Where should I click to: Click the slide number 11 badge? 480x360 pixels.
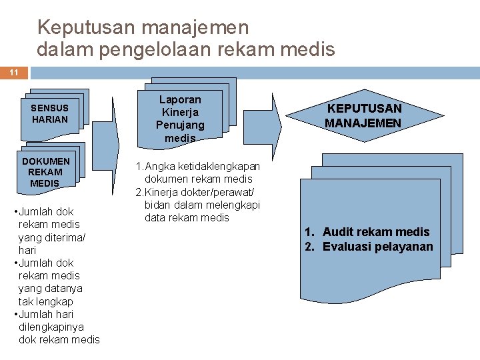tap(13, 73)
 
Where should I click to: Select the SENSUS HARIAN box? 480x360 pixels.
tap(50, 113)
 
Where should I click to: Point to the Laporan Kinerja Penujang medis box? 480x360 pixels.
tap(180, 119)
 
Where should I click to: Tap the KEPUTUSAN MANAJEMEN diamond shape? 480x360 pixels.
tap(363, 115)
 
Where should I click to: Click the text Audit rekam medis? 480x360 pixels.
tap(376, 232)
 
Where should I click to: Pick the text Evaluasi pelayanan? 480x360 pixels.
tap(377, 247)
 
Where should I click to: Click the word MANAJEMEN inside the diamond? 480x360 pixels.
tap(363, 123)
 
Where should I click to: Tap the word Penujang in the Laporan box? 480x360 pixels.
tap(180, 125)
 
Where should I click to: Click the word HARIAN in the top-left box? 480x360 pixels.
tap(50, 119)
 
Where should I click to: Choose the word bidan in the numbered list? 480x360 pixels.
tap(157, 205)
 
